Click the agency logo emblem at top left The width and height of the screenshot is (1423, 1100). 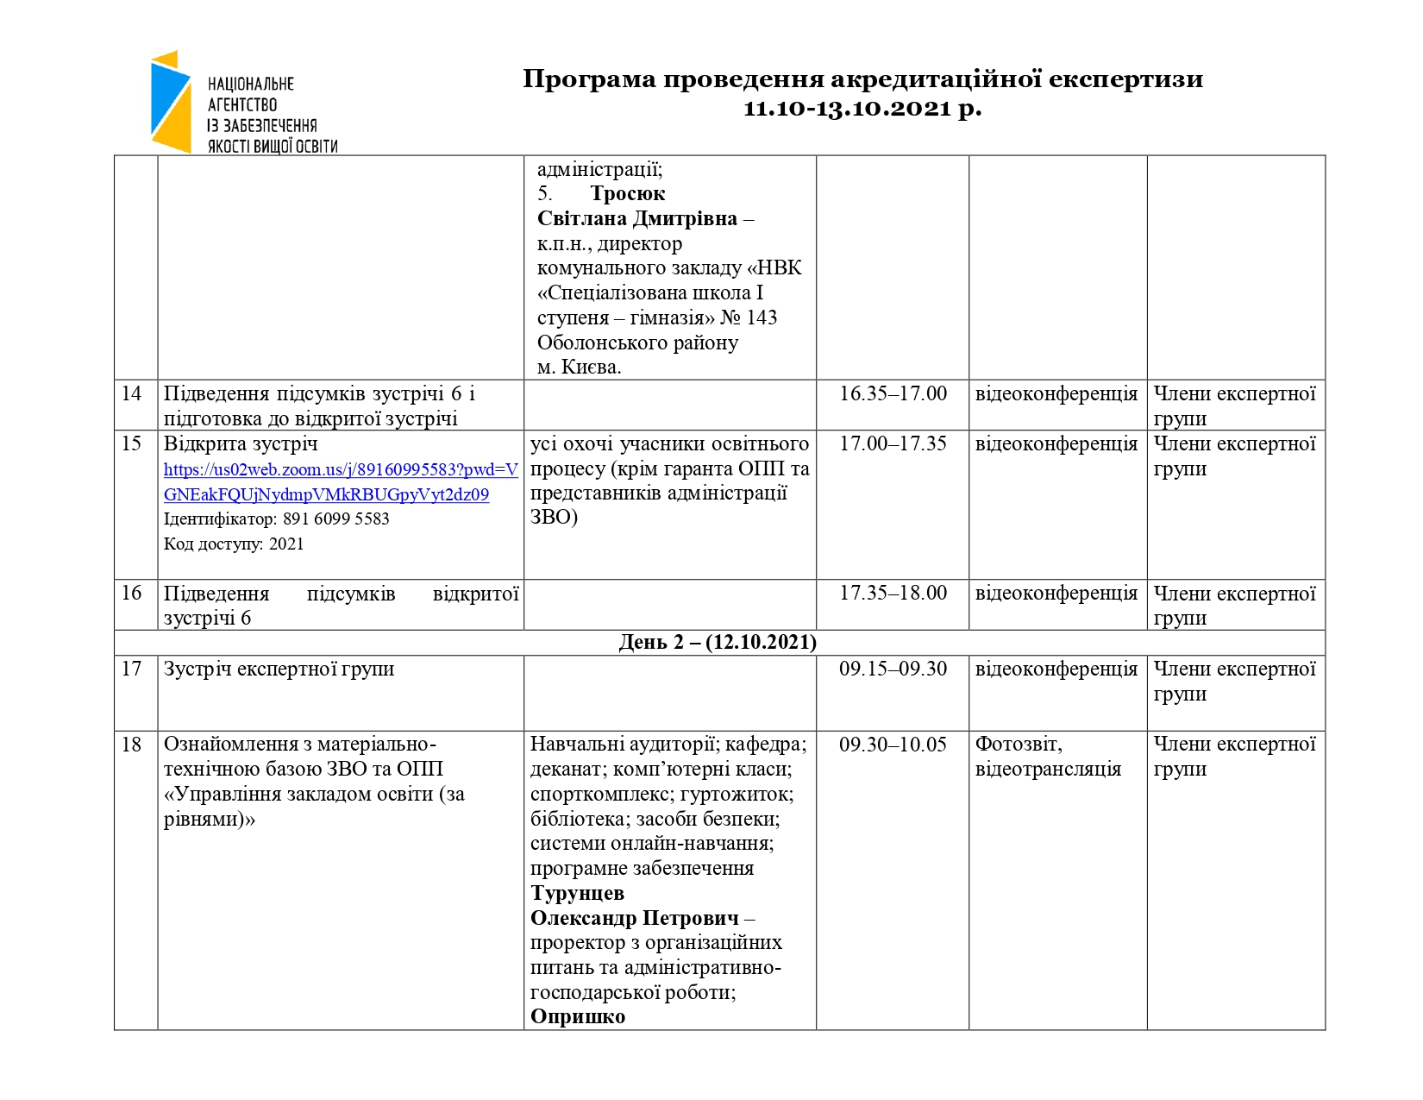pyautogui.click(x=171, y=102)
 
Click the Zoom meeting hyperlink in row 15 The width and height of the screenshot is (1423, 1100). pyautogui.click(x=341, y=482)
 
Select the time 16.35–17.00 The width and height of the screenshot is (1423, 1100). pyautogui.click(x=893, y=394)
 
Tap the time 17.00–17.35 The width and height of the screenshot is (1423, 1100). pyautogui.click(x=893, y=444)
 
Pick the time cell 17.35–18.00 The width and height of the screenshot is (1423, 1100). pyautogui.click(x=893, y=594)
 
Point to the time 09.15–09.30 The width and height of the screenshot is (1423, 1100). pyautogui.click(x=893, y=669)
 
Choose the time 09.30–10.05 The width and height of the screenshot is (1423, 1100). pyautogui.click(x=893, y=745)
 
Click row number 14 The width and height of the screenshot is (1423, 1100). pyautogui.click(x=131, y=394)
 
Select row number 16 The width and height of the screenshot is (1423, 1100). pyautogui.click(x=131, y=594)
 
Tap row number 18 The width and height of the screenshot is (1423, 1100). pyautogui.click(x=131, y=745)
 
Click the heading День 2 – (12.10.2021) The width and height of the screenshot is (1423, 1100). pyautogui.click(x=718, y=643)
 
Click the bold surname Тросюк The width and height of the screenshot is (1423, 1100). pyautogui.click(x=627, y=194)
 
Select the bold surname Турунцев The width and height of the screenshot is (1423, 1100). pyautogui.click(x=577, y=894)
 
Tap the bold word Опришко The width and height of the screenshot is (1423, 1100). pyautogui.click(x=577, y=1017)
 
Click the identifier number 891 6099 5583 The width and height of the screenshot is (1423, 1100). pyautogui.click(x=335, y=519)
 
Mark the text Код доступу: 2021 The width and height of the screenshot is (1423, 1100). pyautogui.click(x=234, y=544)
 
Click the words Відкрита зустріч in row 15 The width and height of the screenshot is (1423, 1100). pyautogui.click(x=241, y=444)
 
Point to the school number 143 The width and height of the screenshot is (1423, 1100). pyautogui.click(x=762, y=318)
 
